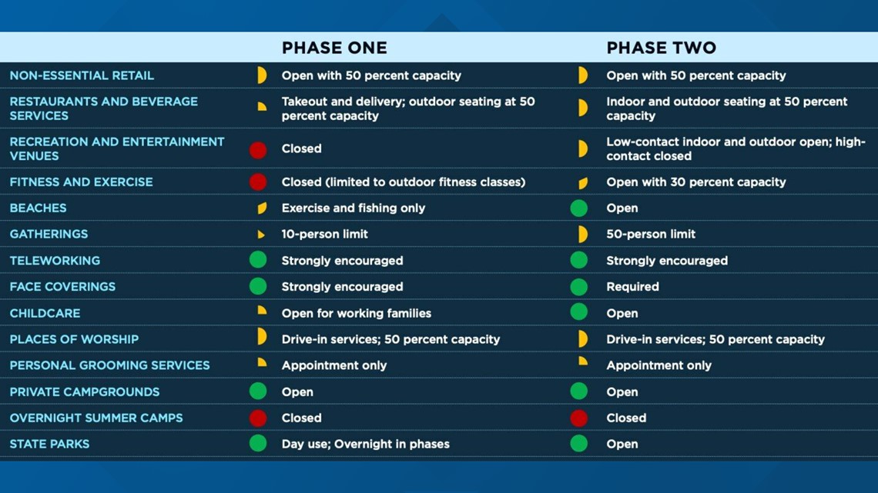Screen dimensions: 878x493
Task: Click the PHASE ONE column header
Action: (334, 48)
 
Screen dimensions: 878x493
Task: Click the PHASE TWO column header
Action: (662, 48)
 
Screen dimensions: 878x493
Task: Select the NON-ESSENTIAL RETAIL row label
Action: (82, 75)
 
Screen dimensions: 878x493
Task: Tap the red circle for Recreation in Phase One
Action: (258, 150)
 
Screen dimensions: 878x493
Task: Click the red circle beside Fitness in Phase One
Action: (258, 182)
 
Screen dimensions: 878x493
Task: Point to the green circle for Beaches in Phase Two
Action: (579, 208)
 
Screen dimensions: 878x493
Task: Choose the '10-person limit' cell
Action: (325, 235)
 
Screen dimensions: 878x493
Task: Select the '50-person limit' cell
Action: (651, 235)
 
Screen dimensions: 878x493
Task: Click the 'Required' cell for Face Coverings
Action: (633, 287)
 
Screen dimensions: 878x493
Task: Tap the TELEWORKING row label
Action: (55, 261)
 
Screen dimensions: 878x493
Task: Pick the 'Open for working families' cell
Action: (356, 313)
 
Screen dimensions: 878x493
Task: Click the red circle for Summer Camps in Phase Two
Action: (579, 418)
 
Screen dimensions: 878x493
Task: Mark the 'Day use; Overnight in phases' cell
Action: (366, 444)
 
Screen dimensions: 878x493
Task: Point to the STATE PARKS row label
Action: (49, 444)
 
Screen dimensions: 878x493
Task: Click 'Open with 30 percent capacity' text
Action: (696, 182)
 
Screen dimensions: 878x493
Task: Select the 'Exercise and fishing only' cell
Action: (354, 208)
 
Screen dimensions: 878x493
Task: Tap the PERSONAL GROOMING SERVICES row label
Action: (109, 365)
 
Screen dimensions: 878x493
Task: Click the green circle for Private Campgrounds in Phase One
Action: (258, 391)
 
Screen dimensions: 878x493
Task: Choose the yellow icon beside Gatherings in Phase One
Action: (261, 235)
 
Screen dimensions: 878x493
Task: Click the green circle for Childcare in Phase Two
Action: (579, 312)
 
